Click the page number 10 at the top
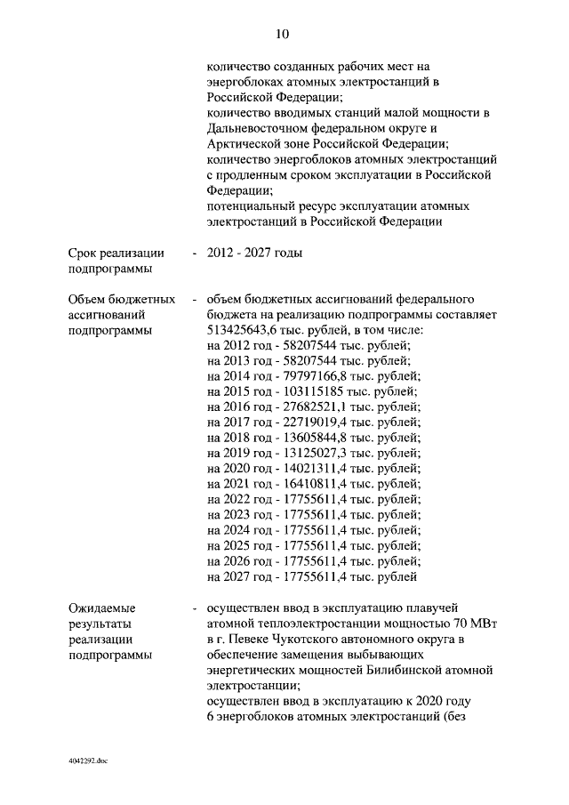tap(283, 34)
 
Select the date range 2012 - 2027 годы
tap(253, 254)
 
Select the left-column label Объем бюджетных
tap(121, 299)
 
